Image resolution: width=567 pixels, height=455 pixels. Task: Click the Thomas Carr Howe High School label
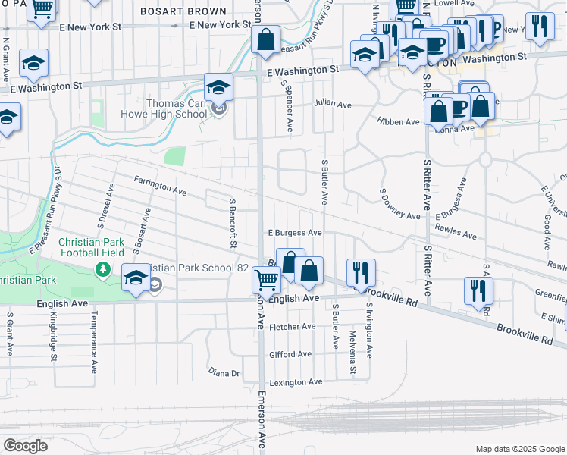coord(164,108)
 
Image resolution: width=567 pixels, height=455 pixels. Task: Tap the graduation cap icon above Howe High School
coord(218,86)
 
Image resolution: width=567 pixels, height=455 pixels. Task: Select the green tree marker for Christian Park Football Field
coord(102,269)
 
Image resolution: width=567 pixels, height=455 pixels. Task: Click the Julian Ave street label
coord(334,102)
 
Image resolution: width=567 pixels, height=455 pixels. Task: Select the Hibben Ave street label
coord(399,121)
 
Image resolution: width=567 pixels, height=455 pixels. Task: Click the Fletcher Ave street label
coord(293,327)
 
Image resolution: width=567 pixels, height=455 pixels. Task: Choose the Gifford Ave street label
coord(290,354)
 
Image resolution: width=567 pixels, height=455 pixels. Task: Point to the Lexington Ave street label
coord(296,382)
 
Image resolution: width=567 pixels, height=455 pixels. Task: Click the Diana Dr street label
coord(224,372)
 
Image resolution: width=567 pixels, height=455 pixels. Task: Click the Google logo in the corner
coord(24,445)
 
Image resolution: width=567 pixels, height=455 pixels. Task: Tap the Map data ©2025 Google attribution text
coord(520,449)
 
